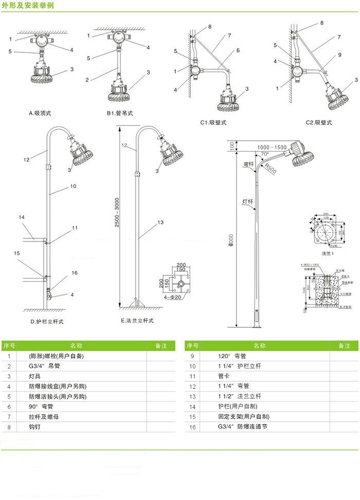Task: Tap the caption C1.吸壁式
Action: [x=213, y=122]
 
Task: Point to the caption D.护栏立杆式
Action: [x=48, y=321]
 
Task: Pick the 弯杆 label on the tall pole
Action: [x=247, y=164]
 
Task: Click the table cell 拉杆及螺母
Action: [x=42, y=417]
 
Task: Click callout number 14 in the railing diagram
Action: [x=22, y=217]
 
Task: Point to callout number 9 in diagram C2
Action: [x=340, y=55]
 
